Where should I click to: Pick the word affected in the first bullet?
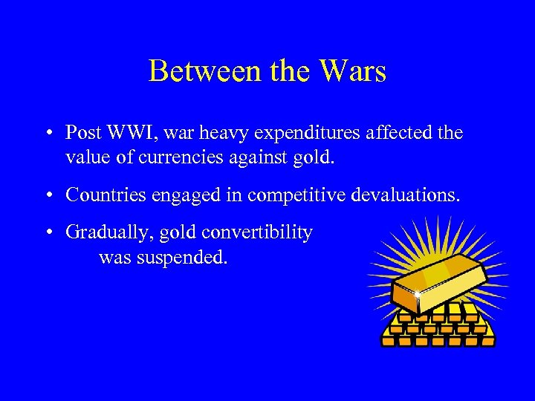click(x=395, y=133)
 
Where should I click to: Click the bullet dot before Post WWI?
click(x=47, y=134)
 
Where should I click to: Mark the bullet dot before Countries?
click(x=47, y=196)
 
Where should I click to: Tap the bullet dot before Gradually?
click(x=47, y=234)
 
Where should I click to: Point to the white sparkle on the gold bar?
click(x=418, y=296)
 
